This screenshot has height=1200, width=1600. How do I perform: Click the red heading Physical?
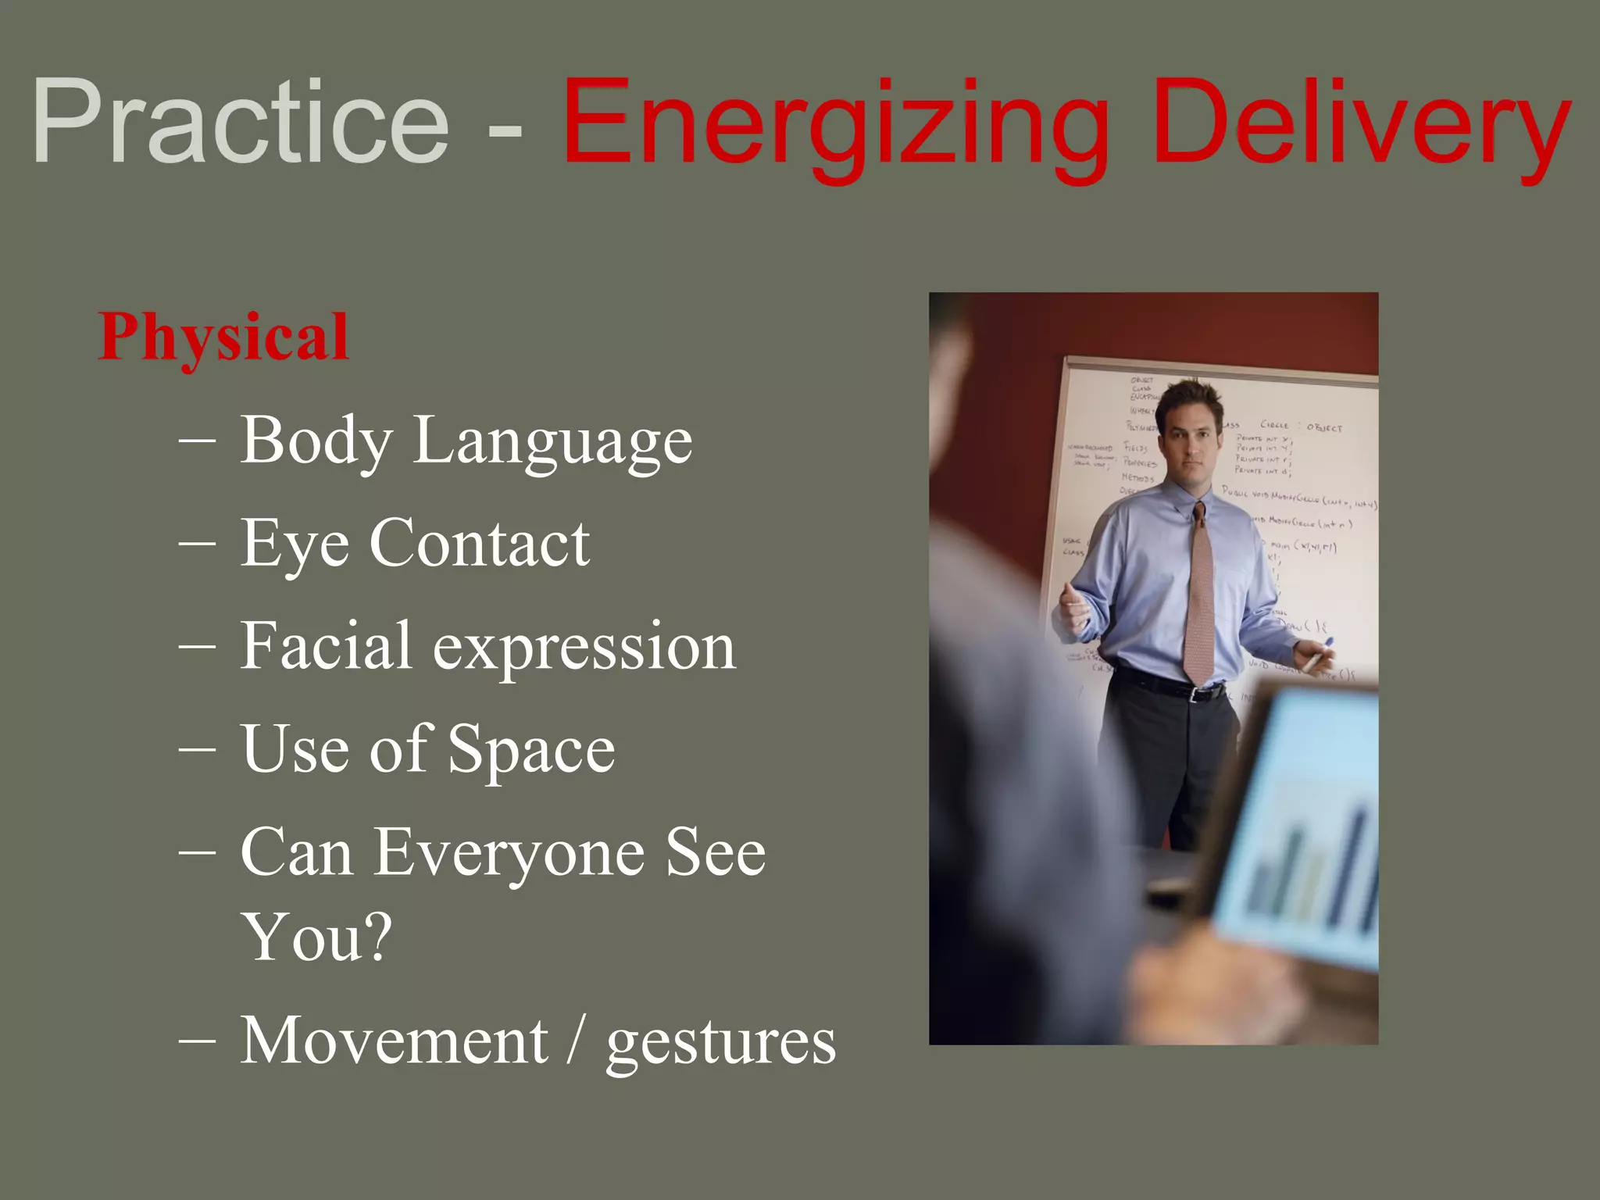coord(223,337)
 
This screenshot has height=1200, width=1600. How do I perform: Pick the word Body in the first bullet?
coord(315,441)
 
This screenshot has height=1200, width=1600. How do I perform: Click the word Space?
coord(531,750)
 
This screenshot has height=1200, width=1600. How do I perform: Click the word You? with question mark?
coord(316,937)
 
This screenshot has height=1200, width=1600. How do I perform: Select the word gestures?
coord(720,1044)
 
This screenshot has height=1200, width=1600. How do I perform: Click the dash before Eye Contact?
coord(197,542)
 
